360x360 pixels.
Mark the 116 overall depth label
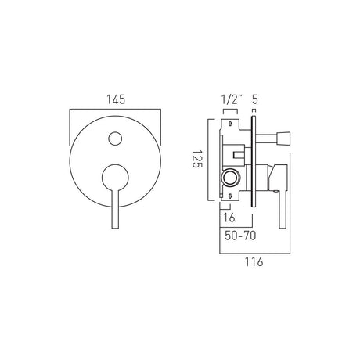point(251,263)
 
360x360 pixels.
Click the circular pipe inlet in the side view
point(231,179)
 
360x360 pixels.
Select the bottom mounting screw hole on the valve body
point(229,203)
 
